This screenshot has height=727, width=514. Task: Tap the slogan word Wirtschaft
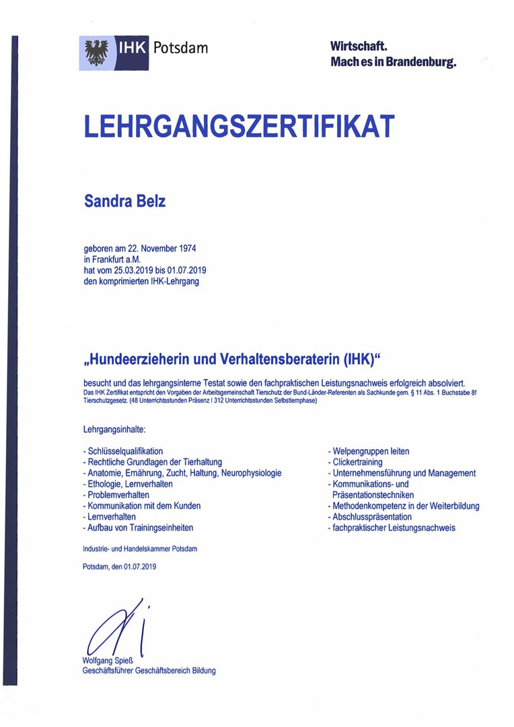tap(359, 46)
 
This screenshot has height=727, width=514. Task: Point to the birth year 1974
tap(184, 248)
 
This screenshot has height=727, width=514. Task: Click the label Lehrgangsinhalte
tap(114, 428)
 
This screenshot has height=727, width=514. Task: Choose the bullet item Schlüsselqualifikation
tap(125, 452)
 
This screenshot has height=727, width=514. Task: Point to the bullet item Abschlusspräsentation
tap(371, 517)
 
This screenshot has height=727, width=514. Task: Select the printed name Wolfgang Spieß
tap(108, 661)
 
